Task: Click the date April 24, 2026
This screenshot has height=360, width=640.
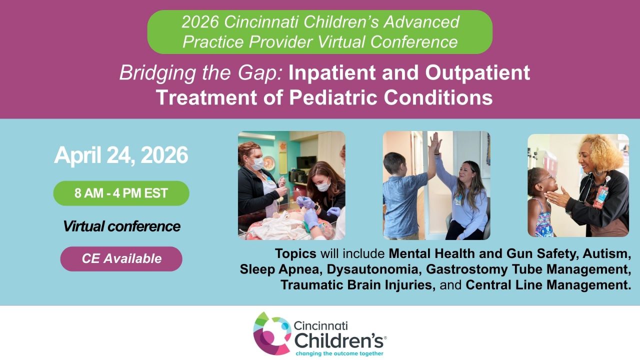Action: (121, 155)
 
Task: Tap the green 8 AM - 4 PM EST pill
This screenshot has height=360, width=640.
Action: (121, 193)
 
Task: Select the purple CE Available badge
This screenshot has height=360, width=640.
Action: (121, 259)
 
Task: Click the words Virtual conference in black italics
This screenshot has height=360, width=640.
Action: (121, 226)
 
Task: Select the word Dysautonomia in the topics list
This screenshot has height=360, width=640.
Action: (372, 269)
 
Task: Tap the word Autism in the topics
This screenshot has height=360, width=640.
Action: (606, 253)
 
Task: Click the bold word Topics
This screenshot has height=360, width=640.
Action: (295, 253)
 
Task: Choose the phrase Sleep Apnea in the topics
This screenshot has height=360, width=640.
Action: (279, 269)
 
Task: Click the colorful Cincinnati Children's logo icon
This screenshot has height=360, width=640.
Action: (272, 333)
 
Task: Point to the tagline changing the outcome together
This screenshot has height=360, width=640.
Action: (339, 353)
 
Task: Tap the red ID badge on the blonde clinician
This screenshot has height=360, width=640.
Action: (600, 197)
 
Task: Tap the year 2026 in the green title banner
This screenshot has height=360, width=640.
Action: (200, 22)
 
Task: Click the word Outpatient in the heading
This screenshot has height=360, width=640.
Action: (477, 72)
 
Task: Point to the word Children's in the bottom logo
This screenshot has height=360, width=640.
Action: (339, 340)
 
